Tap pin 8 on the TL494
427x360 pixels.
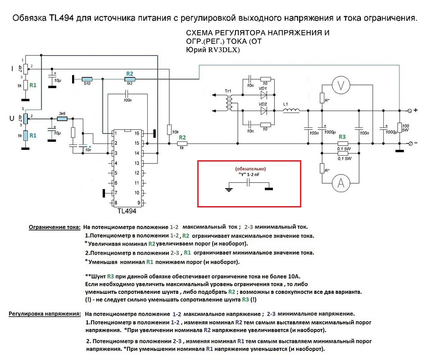click(x=116, y=202)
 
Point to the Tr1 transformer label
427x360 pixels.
click(x=228, y=91)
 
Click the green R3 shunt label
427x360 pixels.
click(x=342, y=136)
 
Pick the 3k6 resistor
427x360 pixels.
click(x=62, y=119)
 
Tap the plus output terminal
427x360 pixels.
click(x=410, y=110)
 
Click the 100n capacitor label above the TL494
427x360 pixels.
click(x=127, y=100)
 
